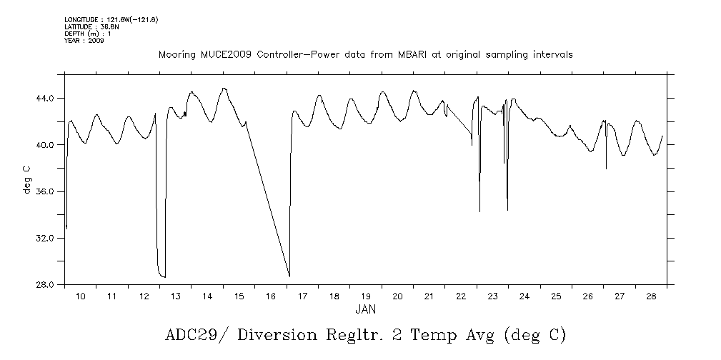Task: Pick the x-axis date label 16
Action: (270, 296)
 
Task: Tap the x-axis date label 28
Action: (651, 296)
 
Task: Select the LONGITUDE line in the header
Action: (111, 19)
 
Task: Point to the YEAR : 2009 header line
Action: (84, 41)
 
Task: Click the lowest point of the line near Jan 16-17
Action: (289, 276)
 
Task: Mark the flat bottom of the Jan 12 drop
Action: (161, 276)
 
